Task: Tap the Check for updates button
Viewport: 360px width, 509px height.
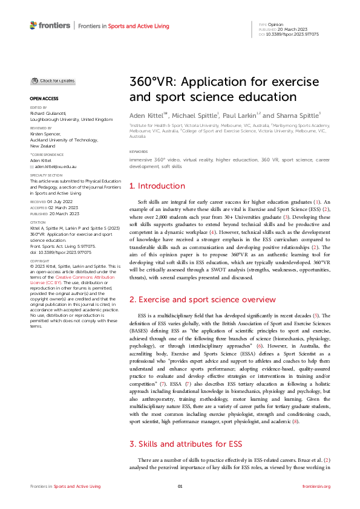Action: [x=53, y=80]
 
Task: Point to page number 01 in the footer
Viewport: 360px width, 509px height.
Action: [x=180, y=486]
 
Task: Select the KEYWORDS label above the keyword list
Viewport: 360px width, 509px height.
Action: [x=139, y=152]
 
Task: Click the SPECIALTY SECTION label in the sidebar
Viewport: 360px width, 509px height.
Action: [x=45, y=176]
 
